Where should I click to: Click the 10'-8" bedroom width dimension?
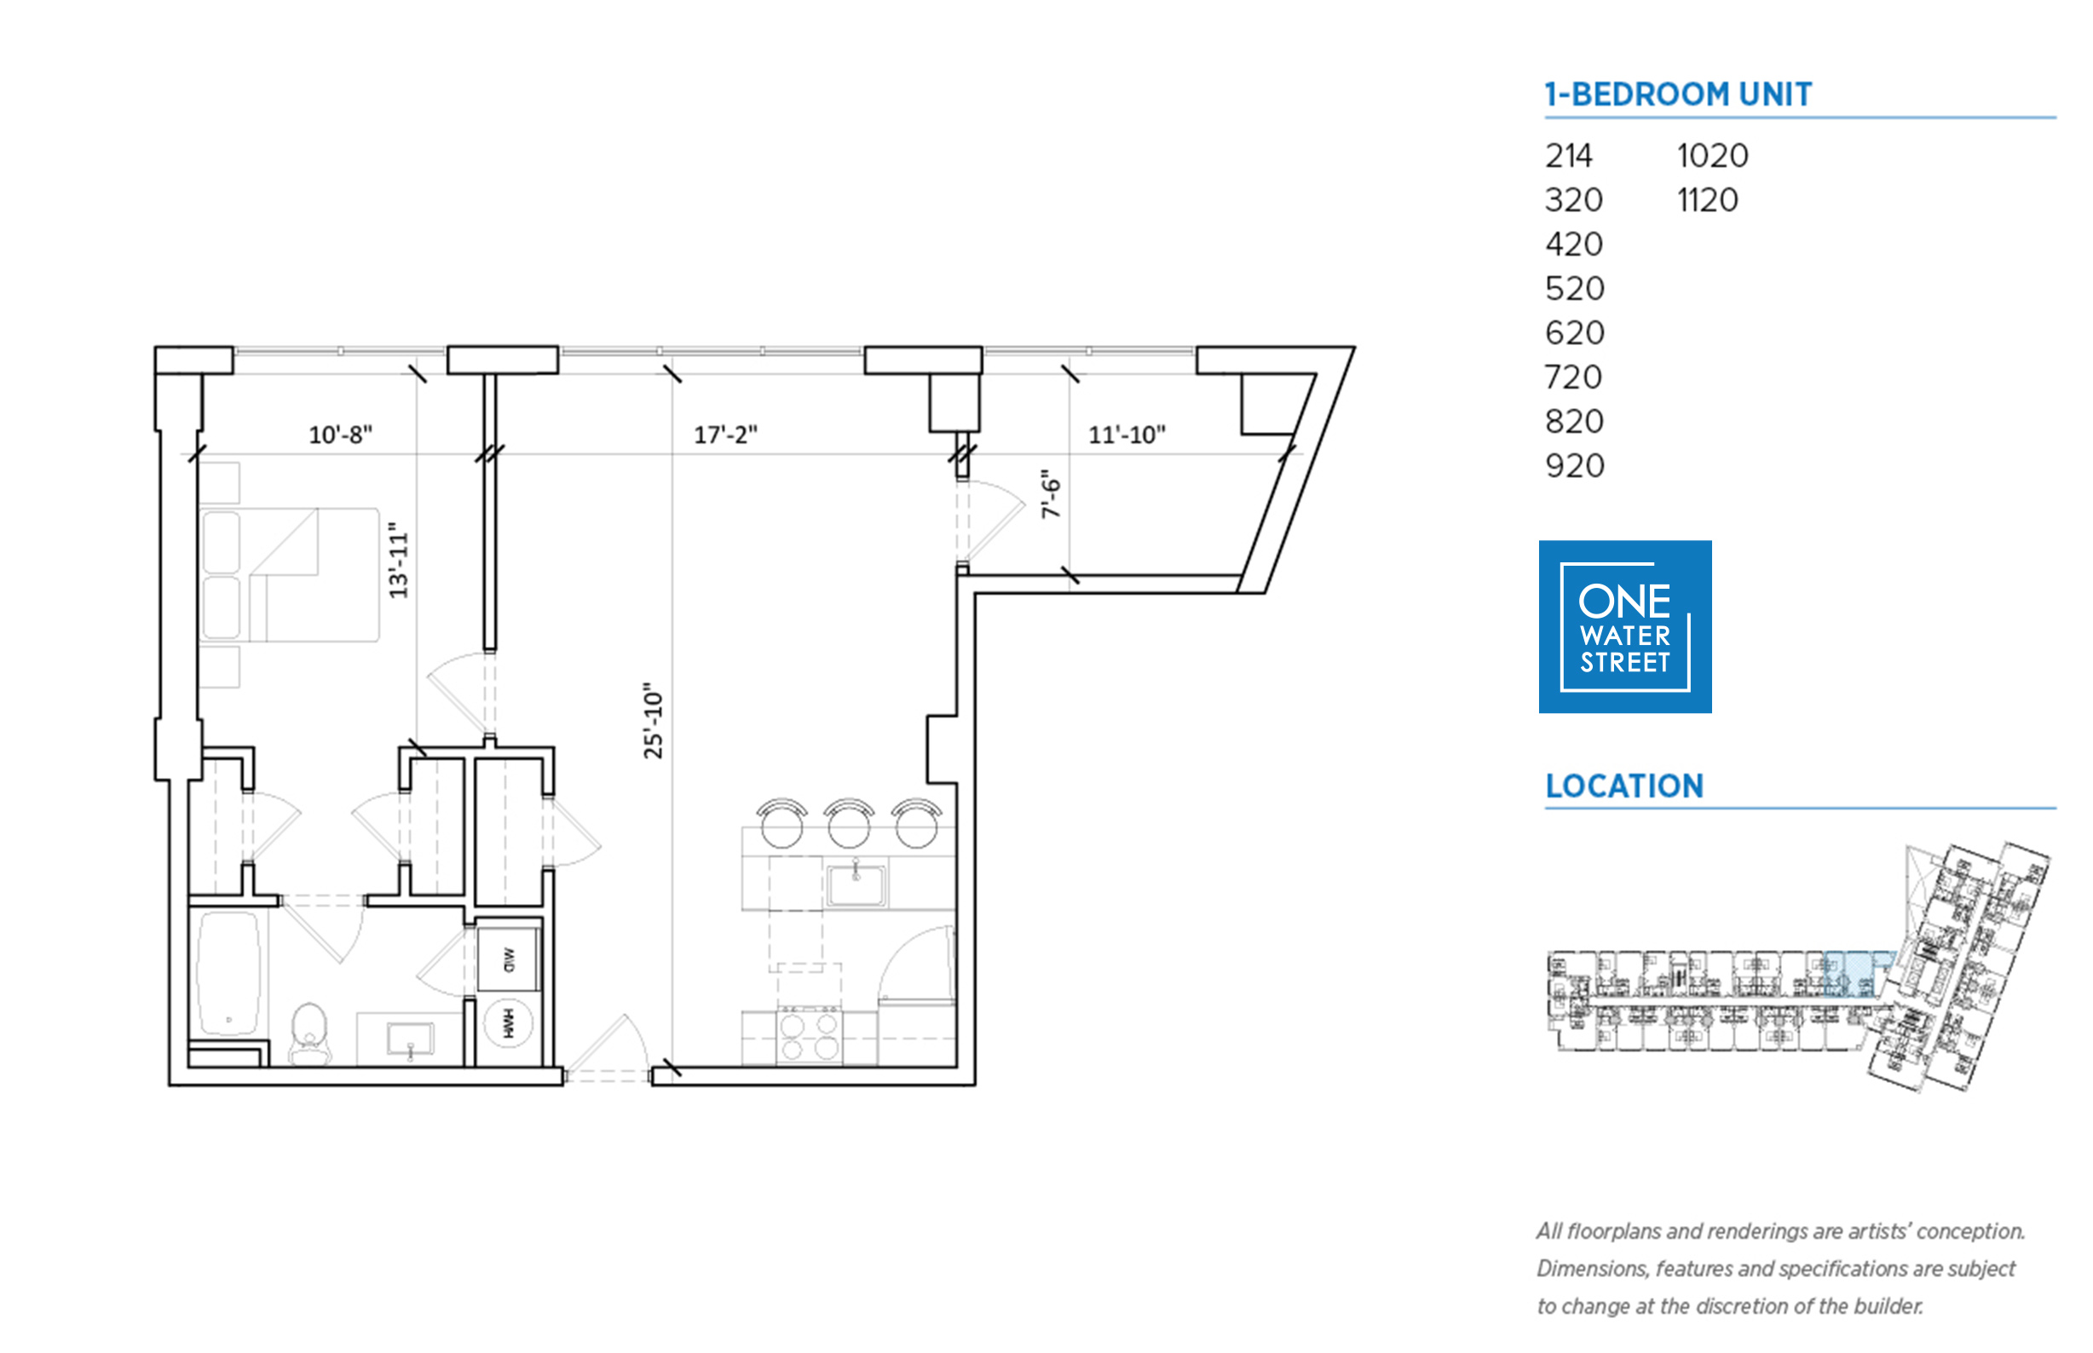point(340,435)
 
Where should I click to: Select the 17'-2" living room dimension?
point(725,435)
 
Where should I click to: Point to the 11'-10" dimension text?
point(1127,435)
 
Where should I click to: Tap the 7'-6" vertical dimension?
point(1051,494)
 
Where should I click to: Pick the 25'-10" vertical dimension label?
point(653,721)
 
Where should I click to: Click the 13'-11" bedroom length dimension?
point(399,561)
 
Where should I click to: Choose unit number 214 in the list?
point(1568,157)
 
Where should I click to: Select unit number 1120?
point(1707,200)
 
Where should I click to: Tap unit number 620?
point(1575,333)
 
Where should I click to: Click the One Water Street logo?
point(1624,626)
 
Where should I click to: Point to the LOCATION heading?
point(1623,786)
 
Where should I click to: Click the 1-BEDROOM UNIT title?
point(1677,94)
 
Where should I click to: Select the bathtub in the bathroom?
point(228,974)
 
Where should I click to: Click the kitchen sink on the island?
point(855,883)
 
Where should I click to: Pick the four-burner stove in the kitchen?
point(810,1037)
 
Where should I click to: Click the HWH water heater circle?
point(508,1022)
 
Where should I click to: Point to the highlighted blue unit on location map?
point(1849,974)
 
